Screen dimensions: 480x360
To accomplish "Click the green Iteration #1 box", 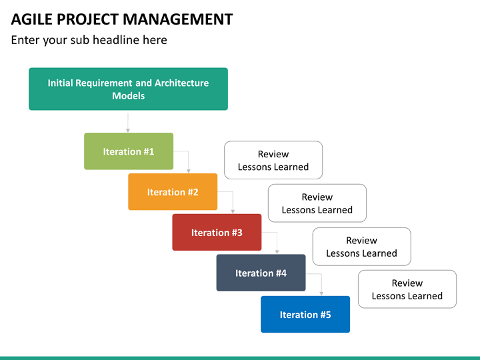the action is pyautogui.click(x=129, y=151).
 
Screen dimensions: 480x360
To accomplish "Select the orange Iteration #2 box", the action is pyautogui.click(x=173, y=191).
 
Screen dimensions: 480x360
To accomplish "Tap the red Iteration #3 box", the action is pyautogui.click(x=217, y=233).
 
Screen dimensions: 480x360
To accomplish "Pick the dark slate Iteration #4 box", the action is pyautogui.click(x=261, y=273).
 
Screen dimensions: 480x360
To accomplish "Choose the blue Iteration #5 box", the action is pyautogui.click(x=305, y=314).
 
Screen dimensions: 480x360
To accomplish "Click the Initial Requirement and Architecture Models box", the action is pyautogui.click(x=128, y=89).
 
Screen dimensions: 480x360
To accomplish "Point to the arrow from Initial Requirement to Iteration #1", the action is pyautogui.click(x=128, y=123).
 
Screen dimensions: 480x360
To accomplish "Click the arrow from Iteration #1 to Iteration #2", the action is pyautogui.click(x=188, y=152).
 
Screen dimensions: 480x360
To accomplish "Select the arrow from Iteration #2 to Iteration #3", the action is pyautogui.click(x=233, y=193).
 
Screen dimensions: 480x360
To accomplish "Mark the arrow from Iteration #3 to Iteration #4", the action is pyautogui.click(x=277, y=233).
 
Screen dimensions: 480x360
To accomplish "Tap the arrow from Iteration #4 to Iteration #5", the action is pyautogui.click(x=321, y=275).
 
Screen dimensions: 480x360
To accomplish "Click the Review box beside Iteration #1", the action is pyautogui.click(x=273, y=160).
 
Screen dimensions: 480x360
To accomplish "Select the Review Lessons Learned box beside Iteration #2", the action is pyautogui.click(x=317, y=203).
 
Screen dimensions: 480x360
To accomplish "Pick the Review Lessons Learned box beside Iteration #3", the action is pyautogui.click(x=361, y=247).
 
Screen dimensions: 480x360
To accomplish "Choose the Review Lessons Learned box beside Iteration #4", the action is pyautogui.click(x=407, y=289).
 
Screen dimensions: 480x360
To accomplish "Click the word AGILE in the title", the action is pyautogui.click(x=32, y=19).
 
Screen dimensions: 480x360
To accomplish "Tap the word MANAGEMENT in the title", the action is pyautogui.click(x=178, y=19).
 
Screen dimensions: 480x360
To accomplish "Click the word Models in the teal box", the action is pyautogui.click(x=128, y=96).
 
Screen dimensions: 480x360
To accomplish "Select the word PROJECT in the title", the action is pyautogui.click(x=88, y=19).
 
